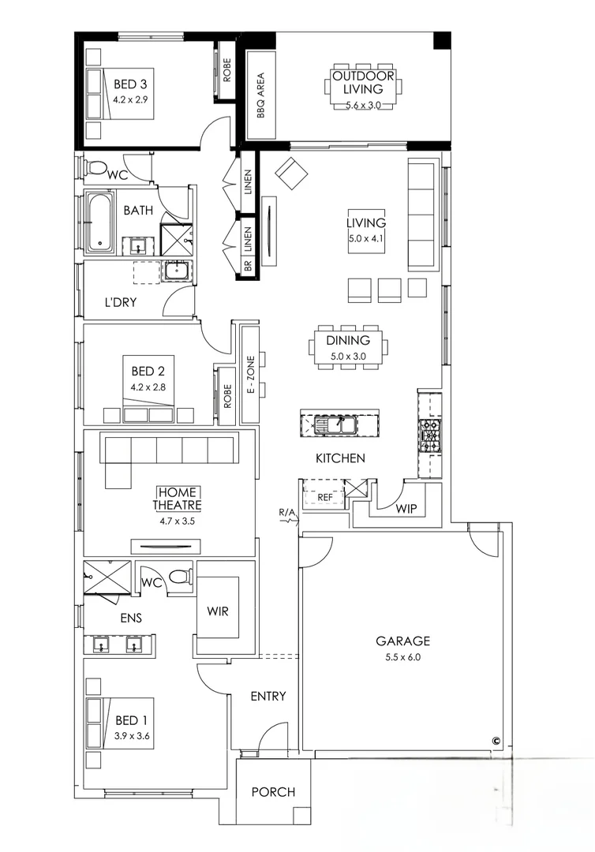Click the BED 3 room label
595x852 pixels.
[x=130, y=84]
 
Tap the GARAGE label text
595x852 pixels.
[x=403, y=641]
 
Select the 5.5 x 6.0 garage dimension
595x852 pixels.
[x=403, y=657]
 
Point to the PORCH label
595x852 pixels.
[x=273, y=792]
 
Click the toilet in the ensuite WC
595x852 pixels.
[x=181, y=576]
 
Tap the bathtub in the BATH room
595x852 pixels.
[x=100, y=222]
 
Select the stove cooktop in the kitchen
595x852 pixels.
[x=429, y=436]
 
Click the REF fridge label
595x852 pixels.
[x=325, y=497]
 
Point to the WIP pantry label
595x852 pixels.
[x=406, y=508]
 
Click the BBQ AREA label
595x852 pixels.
[x=261, y=95]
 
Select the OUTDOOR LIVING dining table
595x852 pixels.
[x=364, y=87]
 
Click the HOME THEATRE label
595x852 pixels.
[x=177, y=499]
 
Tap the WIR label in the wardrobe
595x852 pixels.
[x=218, y=611]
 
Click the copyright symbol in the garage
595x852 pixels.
[x=496, y=739]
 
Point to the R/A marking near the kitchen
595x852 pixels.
[x=287, y=512]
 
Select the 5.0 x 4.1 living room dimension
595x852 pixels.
[x=367, y=238]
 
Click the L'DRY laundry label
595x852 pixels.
[x=121, y=302]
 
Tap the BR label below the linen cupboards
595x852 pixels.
[x=248, y=267]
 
